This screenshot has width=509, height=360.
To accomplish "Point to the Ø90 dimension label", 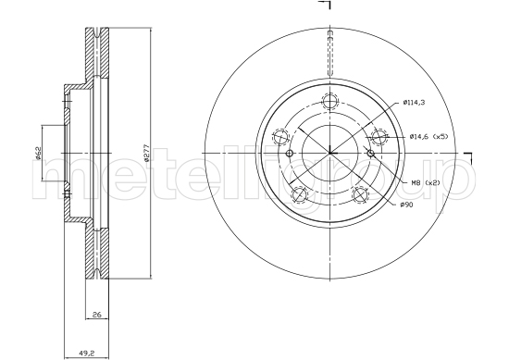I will coord(407,204).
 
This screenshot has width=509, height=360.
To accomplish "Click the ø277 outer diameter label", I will coord(147,154).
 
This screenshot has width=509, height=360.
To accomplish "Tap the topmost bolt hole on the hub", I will coord(329,103).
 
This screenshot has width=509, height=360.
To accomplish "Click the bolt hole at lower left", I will coord(298,194).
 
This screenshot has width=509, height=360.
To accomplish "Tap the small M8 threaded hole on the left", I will coord(291,154).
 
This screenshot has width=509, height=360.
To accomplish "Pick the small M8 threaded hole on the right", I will coord(367,154).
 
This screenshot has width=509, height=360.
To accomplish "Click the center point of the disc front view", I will coord(329,154).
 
